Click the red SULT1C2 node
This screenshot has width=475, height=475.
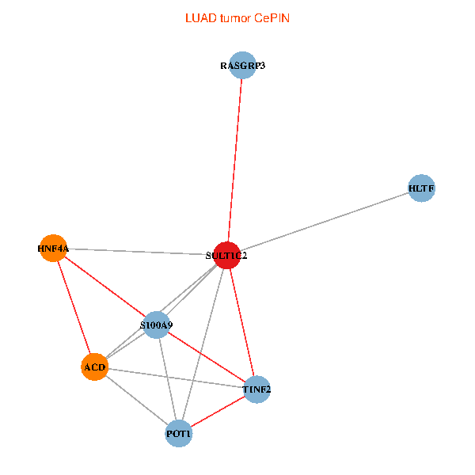[227, 256]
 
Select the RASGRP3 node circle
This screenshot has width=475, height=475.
[242, 65]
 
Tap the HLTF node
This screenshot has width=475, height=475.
[421, 188]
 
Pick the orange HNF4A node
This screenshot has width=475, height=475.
[53, 248]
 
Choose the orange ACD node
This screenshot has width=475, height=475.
[94, 367]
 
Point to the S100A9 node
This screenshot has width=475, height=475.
[156, 325]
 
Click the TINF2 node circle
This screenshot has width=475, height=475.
[256, 389]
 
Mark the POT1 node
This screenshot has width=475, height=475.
[179, 434]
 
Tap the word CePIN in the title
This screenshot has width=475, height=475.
[272, 18]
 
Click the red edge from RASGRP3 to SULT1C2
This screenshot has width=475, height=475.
[235, 160]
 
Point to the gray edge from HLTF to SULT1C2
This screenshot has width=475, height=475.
[324, 222]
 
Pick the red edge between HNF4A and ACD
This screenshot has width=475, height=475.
[74, 307]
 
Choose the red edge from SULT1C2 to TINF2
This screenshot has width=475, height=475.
[241, 322]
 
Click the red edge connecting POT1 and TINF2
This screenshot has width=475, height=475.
[218, 412]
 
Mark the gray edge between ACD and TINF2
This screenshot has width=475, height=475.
[176, 378]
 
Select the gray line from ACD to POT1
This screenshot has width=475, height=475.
[137, 400]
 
